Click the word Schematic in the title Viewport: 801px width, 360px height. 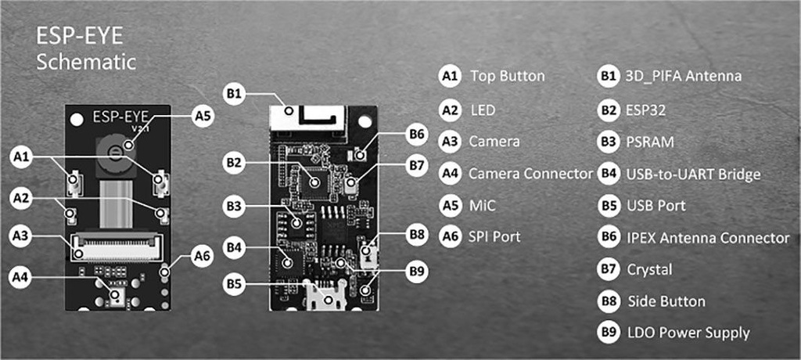[87, 62]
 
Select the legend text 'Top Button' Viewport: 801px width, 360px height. [508, 77]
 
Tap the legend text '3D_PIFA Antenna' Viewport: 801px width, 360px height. [683, 77]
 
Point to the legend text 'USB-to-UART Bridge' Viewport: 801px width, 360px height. [693, 174]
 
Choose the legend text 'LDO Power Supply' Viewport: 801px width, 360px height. [688, 333]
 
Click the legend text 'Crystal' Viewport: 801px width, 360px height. [650, 269]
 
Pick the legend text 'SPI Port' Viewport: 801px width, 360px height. [494, 235]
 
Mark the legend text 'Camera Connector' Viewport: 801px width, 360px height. [530, 174]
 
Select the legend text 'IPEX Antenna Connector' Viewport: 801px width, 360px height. [708, 237]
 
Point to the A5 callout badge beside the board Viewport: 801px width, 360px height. [203, 116]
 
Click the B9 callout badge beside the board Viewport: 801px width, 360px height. [418, 272]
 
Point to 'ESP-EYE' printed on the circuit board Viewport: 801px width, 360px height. [121, 117]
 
